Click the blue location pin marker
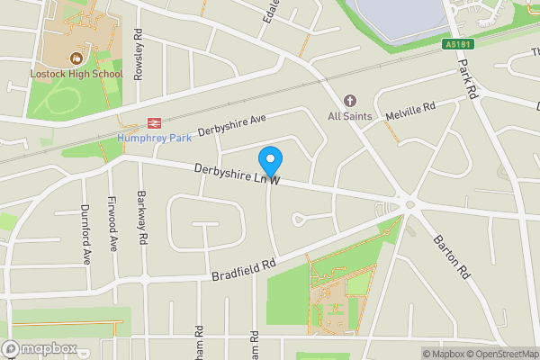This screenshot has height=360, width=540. (270, 160)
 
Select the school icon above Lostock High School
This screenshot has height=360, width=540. (77, 58)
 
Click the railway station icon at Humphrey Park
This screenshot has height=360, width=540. (155, 123)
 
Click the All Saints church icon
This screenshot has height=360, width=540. (350, 101)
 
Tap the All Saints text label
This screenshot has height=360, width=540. (350, 116)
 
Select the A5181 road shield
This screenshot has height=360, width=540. (458, 44)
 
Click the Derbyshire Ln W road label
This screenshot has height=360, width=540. (238, 175)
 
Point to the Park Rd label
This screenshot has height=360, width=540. (466, 79)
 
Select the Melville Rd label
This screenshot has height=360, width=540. (410, 111)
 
